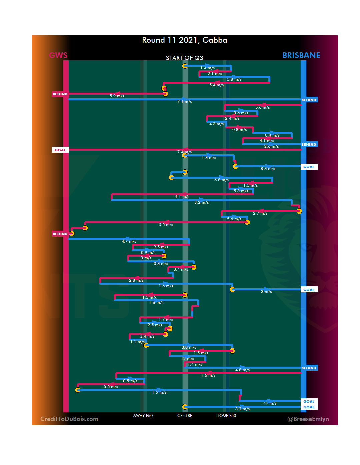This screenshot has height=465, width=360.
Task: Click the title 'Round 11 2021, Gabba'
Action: [184, 40]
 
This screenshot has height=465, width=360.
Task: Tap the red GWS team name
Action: [58, 55]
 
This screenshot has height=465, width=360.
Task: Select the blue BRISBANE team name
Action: [301, 55]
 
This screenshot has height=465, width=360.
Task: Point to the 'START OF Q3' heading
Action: [184, 58]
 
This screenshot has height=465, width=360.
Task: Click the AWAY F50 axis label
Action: [143, 416]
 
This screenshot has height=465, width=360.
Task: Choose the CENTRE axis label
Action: [185, 416]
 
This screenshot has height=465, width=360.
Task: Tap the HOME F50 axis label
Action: [226, 416]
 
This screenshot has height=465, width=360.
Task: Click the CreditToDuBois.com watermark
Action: [69, 419]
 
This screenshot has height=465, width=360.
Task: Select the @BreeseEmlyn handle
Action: [308, 419]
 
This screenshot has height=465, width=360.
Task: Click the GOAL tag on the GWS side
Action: [60, 150]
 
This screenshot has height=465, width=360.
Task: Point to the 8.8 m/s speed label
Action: [268, 169]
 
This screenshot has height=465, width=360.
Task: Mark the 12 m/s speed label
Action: [187, 359]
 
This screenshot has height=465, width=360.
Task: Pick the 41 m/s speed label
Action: [270, 403]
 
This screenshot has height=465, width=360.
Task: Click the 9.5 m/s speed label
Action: [161, 247]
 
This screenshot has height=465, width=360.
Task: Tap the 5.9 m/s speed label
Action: [117, 96]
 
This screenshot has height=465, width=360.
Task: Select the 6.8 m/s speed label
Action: [221, 180]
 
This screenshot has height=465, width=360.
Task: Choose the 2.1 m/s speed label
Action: [215, 74]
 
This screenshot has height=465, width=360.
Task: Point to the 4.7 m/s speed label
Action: [129, 241]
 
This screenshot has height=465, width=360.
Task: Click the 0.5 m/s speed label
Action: [130, 381]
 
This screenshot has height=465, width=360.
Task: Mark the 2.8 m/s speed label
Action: [136, 280]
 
